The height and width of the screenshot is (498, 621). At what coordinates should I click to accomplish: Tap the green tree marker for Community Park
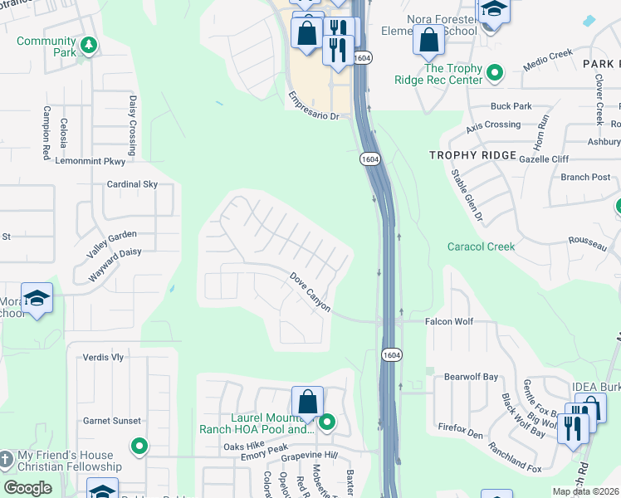(89, 46)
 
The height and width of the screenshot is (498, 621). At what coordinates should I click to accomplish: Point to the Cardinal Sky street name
(131, 184)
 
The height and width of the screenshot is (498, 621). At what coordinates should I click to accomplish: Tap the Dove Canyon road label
(310, 293)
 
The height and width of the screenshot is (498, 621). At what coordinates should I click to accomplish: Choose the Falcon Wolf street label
(448, 320)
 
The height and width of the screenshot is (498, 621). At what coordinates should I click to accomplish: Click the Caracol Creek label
(481, 247)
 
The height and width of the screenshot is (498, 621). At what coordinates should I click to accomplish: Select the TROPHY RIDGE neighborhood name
(472, 155)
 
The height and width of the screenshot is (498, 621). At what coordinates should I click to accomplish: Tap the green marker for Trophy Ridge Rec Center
(496, 74)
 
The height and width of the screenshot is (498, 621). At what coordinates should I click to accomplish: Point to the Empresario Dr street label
(314, 105)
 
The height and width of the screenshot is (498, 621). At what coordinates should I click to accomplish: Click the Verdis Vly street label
(103, 358)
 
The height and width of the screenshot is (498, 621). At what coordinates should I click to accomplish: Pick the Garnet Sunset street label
(111, 421)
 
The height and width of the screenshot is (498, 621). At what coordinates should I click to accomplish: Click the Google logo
(28, 488)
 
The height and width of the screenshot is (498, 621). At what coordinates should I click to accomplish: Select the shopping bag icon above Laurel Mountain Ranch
(307, 401)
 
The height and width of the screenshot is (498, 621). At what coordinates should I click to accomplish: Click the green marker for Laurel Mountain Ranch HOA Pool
(327, 423)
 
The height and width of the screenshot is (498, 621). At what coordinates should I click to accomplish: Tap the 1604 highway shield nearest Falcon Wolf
(393, 354)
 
